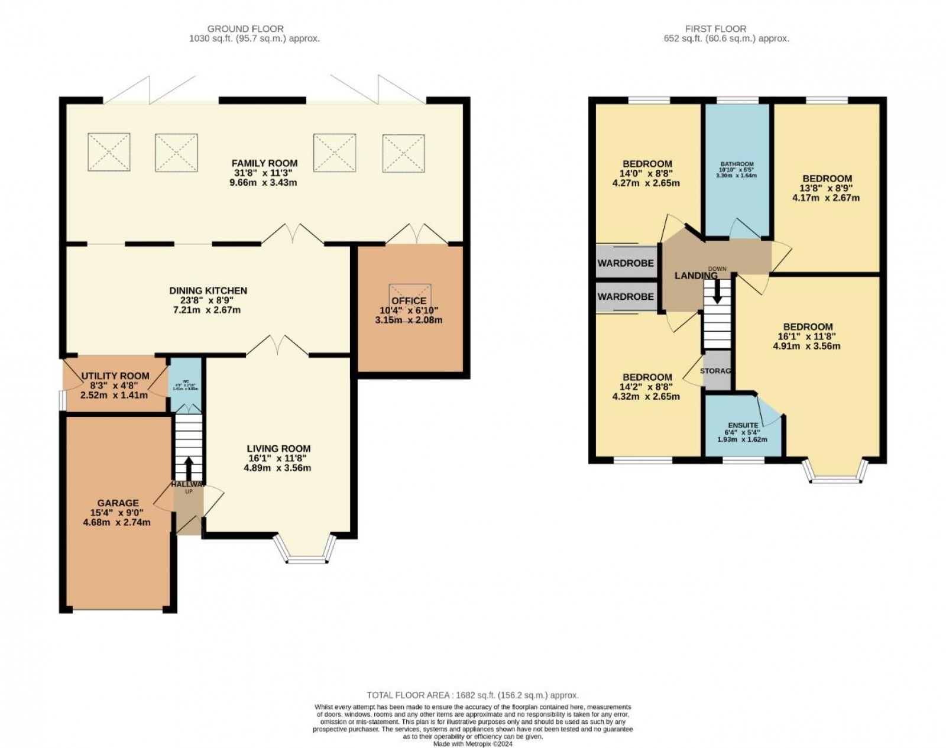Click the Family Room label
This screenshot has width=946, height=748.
tap(264, 163)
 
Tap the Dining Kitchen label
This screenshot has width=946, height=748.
tap(208, 291)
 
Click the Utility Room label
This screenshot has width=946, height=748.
tap(115, 376)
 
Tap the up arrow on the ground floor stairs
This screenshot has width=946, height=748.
tap(189, 468)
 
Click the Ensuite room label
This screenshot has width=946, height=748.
tap(743, 425)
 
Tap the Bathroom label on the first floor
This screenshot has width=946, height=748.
tap(737, 164)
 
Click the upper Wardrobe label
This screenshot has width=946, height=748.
tap(626, 263)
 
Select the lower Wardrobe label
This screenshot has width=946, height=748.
tap(626, 297)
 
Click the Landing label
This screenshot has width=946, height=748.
tap(696, 276)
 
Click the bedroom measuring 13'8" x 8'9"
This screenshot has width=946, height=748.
tap(827, 179)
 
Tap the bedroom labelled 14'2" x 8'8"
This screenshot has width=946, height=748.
tap(647, 377)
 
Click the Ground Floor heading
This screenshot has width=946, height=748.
tap(245, 28)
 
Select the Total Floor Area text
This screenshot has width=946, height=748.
tap(472, 695)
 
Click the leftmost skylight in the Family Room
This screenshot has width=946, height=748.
tap(109, 151)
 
